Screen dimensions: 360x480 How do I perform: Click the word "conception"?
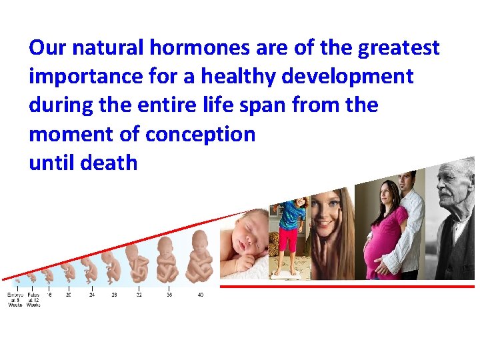point(200,134)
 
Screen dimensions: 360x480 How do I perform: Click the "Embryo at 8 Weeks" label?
point(15,299)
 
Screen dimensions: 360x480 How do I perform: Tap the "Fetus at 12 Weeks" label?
point(33,299)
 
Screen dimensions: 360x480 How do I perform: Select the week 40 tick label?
point(200,295)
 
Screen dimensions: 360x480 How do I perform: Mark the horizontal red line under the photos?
point(347,286)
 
